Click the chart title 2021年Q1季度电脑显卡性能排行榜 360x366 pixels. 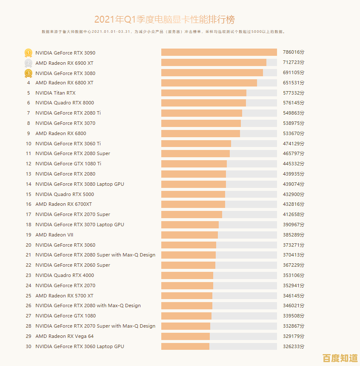[x=164, y=20]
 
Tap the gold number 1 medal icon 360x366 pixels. [x=28, y=53]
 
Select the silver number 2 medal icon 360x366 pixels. [x=28, y=63]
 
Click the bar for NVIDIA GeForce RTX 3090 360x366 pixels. [x=219, y=52]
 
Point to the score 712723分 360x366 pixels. [x=294, y=63]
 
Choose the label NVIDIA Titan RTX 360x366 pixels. [x=55, y=93]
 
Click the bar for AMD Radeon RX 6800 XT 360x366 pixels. [x=209, y=83]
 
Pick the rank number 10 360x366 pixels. [x=29, y=144]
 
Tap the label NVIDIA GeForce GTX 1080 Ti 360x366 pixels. [x=68, y=164]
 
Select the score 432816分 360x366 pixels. [x=294, y=205]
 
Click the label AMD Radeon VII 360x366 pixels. [x=54, y=235]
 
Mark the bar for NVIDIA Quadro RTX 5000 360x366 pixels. [x=193, y=194]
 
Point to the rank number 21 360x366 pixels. [x=29, y=255]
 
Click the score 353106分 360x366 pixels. [x=294, y=275]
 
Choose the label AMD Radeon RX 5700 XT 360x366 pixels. [x=64, y=296]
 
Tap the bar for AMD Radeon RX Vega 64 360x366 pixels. [x=186, y=336]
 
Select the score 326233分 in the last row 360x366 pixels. [x=294, y=346]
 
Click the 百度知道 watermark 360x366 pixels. [x=340, y=357]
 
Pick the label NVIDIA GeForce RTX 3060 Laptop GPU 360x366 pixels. [x=80, y=346]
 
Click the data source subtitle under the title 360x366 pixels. [x=164, y=32]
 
